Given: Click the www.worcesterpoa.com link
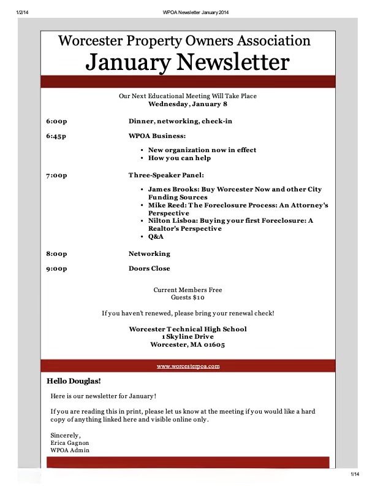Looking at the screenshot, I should pyautogui.click(x=188, y=366).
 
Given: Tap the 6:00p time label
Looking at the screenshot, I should pyautogui.click(x=56, y=121).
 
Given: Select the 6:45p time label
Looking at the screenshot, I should pyautogui.click(x=56, y=136).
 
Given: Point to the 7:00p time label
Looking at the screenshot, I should pyautogui.click(x=56, y=175).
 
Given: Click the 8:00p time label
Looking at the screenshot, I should pyautogui.click(x=56, y=254).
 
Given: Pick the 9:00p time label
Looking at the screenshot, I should pyautogui.click(x=56, y=269).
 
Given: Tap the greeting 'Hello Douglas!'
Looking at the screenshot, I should pyautogui.click(x=74, y=381).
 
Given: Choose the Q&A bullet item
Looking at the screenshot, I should pyautogui.click(x=156, y=236).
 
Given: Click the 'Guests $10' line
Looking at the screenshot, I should pyautogui.click(x=187, y=298).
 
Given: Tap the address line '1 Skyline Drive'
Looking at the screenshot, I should pyautogui.click(x=187, y=337).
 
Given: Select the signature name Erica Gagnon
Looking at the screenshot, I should pyautogui.click(x=71, y=442).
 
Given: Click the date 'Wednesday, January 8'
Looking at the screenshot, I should pyautogui.click(x=187, y=104).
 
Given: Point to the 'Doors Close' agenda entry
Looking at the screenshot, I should pyautogui.click(x=150, y=269).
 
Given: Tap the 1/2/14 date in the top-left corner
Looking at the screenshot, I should pyautogui.click(x=23, y=12).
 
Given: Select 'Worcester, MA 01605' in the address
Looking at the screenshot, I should pyautogui.click(x=187, y=345).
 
